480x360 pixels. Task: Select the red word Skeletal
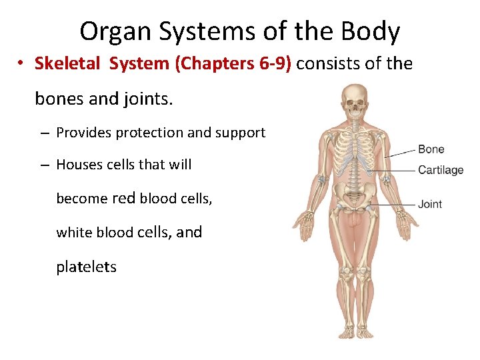66,64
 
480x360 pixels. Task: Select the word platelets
86,267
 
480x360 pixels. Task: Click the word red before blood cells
124,198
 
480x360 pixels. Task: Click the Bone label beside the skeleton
431,149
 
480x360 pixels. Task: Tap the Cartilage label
440,170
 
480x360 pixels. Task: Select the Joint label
430,204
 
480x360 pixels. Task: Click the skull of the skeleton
354,101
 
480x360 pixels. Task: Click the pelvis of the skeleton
354,196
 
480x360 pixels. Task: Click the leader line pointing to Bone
400,153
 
